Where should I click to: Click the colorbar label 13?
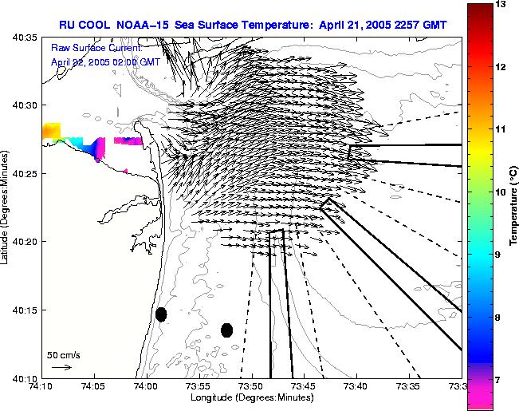coord(501,5)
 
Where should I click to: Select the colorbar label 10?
coord(501,192)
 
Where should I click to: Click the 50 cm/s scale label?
coord(64,354)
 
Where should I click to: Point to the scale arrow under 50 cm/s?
coord(61,367)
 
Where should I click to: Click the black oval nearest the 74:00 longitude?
coord(161,314)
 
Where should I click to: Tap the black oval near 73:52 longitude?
coord(226,330)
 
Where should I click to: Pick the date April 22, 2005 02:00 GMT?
coord(95,61)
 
